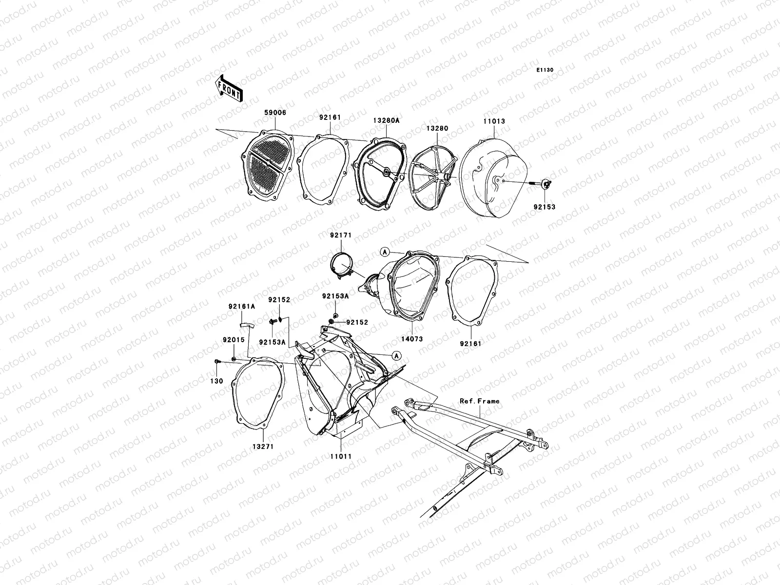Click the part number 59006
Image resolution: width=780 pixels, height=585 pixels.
point(275,113)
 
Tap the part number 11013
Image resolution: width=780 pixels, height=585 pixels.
point(494,121)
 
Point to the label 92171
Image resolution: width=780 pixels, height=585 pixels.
point(340,235)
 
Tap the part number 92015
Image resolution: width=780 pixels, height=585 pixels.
point(234,340)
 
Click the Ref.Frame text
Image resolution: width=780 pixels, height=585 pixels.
point(480,401)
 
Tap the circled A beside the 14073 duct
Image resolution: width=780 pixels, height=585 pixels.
point(385,252)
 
